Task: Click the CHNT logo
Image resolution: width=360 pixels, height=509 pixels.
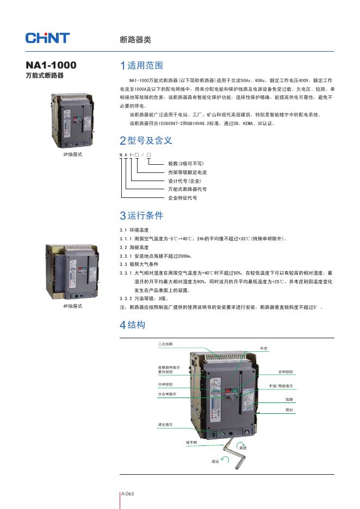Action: point(47,38)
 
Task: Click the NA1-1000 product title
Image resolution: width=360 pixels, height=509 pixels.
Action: point(51,65)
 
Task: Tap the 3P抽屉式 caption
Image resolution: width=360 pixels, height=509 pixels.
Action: point(73,154)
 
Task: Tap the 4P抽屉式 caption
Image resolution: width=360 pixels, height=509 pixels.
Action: point(73,306)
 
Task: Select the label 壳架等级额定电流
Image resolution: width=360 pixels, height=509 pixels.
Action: point(187,172)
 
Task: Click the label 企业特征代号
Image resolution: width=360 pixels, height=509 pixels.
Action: point(182,198)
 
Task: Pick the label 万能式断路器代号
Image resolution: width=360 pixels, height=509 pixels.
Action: point(187,189)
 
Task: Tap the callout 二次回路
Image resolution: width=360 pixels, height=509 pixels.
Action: point(165,344)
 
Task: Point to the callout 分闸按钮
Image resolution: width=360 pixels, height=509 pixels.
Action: point(165,384)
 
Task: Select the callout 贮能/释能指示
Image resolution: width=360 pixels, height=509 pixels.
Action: point(281,386)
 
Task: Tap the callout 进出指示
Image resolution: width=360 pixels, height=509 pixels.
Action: point(165,424)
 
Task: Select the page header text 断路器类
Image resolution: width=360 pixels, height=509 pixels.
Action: point(135,40)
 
